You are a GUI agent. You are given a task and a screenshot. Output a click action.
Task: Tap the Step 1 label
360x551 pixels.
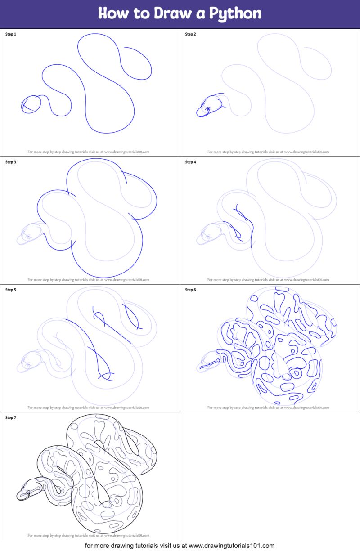pos(11,34)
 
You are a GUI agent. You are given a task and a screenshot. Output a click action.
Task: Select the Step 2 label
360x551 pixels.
pos(191,34)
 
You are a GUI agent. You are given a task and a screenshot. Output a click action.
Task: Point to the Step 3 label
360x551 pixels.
pos(11,162)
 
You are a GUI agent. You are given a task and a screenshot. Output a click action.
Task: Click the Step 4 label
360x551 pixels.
pos(191,162)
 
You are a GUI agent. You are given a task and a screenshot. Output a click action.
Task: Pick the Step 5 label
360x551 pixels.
pos(11,290)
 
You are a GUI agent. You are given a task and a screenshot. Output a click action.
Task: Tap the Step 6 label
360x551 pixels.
pos(191,290)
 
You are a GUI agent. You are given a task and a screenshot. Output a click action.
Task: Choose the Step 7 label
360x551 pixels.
pos(11,417)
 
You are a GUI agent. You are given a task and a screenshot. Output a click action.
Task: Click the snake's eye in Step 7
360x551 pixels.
pos(27,493)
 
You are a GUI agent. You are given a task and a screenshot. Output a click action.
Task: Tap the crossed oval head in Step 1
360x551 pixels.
pos(31,104)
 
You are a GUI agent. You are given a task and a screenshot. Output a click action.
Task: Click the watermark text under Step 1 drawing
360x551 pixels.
pos(88,152)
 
